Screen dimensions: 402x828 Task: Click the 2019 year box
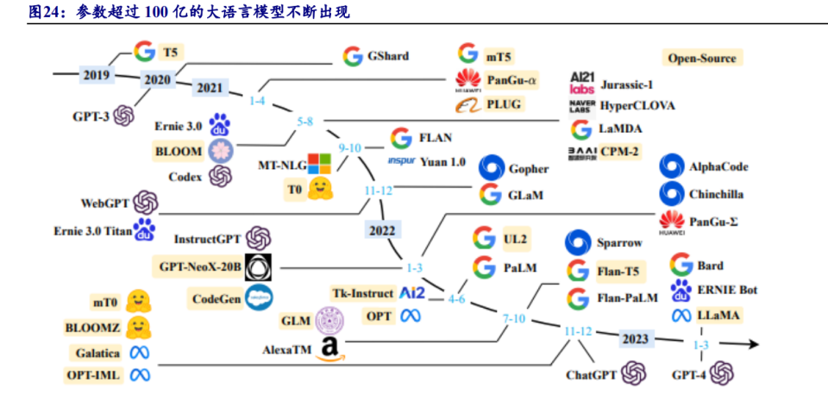pyautogui.click(x=96, y=74)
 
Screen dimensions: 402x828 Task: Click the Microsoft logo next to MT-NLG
pyautogui.click(x=319, y=164)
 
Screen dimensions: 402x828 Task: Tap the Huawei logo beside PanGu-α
pyautogui.click(x=467, y=80)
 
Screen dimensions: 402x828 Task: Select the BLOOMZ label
pyautogui.click(x=92, y=328)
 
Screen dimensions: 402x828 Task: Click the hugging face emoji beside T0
pyautogui.click(x=322, y=189)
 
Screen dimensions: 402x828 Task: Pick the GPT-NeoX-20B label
pyautogui.click(x=199, y=267)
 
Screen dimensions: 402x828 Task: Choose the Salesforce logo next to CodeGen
pyautogui.click(x=259, y=298)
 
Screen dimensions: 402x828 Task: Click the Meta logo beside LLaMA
pyautogui.click(x=681, y=316)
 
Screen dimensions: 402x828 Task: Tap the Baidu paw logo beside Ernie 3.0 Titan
pyautogui.click(x=145, y=230)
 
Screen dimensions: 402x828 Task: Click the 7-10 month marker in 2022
pyautogui.click(x=513, y=319)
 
